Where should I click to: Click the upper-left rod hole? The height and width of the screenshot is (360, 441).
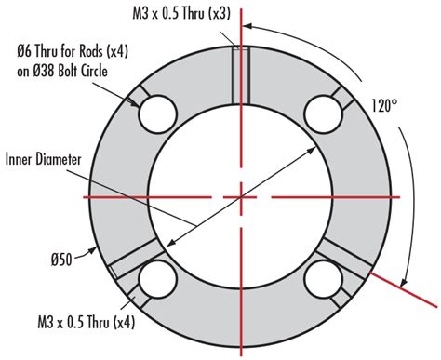157,114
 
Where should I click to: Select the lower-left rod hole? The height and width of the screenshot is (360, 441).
157,279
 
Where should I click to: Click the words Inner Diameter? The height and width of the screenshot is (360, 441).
48,159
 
